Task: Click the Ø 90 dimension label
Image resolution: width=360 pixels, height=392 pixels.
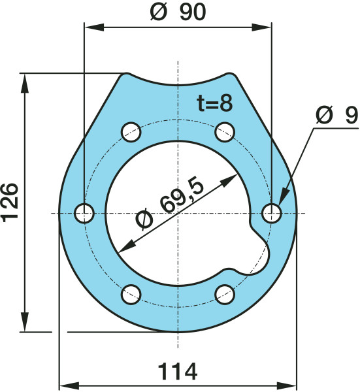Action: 178,12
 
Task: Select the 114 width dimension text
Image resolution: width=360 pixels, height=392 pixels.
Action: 178,372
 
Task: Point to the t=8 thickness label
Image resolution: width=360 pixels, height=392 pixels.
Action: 215,103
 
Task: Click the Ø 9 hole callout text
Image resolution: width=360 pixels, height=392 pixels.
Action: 337,115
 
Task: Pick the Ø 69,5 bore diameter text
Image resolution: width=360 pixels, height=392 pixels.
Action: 170,203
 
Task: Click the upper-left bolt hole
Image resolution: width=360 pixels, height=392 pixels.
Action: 131,132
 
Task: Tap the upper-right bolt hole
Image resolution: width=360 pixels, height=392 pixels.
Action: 225,132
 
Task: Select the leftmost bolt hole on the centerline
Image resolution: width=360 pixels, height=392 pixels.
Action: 84,213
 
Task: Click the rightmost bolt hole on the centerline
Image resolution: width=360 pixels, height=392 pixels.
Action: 272,213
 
